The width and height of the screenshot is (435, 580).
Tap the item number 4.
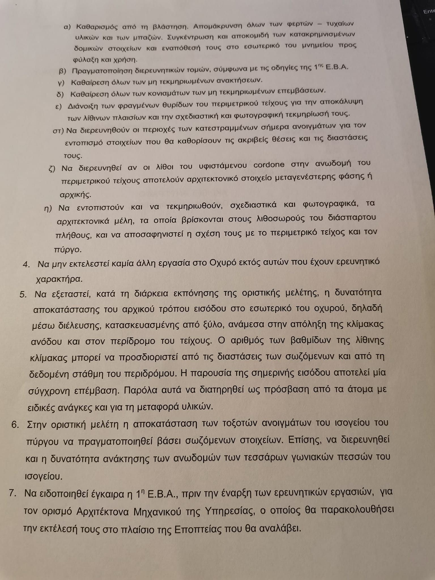coord(26,265)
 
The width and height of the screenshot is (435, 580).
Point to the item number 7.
coord(12,493)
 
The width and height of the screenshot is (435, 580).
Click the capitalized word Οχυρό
coord(221,263)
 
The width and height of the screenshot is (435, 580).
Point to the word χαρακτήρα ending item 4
coord(59,279)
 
